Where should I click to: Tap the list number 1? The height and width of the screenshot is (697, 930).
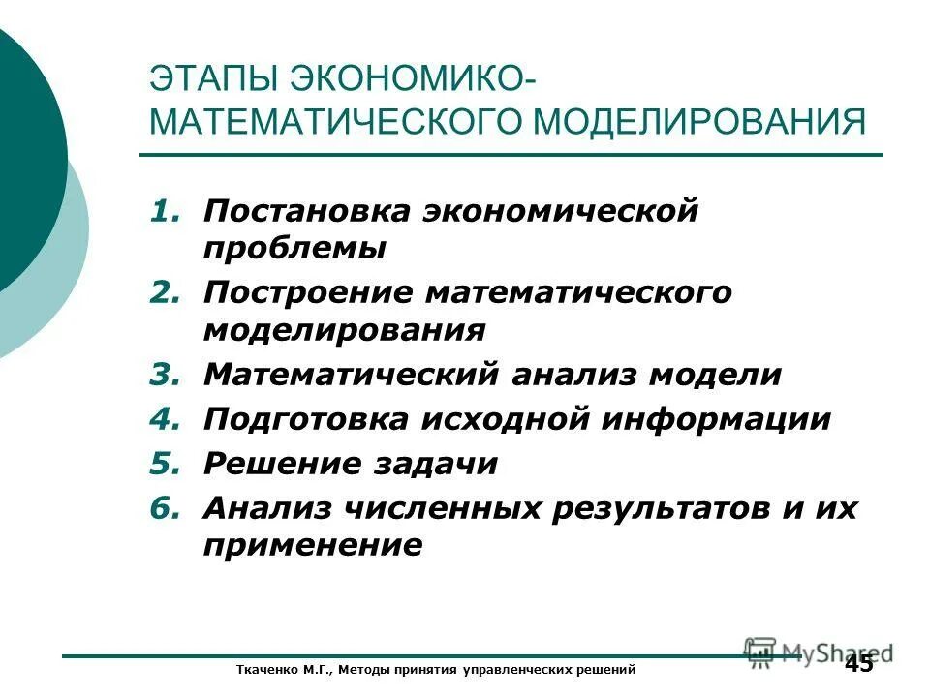coord(164,211)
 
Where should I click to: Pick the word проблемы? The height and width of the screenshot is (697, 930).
coord(295,249)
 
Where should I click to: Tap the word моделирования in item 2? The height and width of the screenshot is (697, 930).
coord(345,331)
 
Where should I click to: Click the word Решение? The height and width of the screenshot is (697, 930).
coord(279,464)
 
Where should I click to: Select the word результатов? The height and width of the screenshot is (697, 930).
coord(667,508)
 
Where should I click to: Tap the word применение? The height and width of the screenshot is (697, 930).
coord(313,546)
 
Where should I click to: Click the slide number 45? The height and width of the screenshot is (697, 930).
coord(858,664)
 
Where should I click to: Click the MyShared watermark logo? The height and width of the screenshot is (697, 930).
coord(819,652)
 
